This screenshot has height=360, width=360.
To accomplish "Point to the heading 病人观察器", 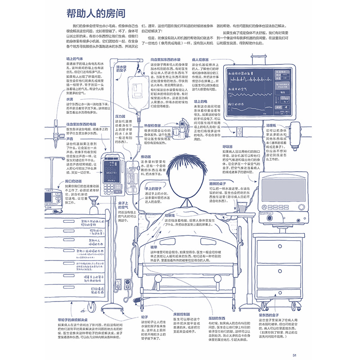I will tap(202, 59).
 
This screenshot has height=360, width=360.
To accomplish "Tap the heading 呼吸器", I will tap(228, 146).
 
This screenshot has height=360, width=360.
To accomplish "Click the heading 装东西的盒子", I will tap(270, 315).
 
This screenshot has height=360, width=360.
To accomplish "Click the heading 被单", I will tap(154, 247).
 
